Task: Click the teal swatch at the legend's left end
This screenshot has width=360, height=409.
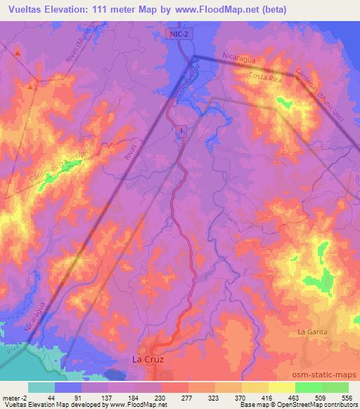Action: (x=41, y=387)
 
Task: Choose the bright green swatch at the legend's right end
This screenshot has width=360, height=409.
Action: (x=334, y=387)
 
